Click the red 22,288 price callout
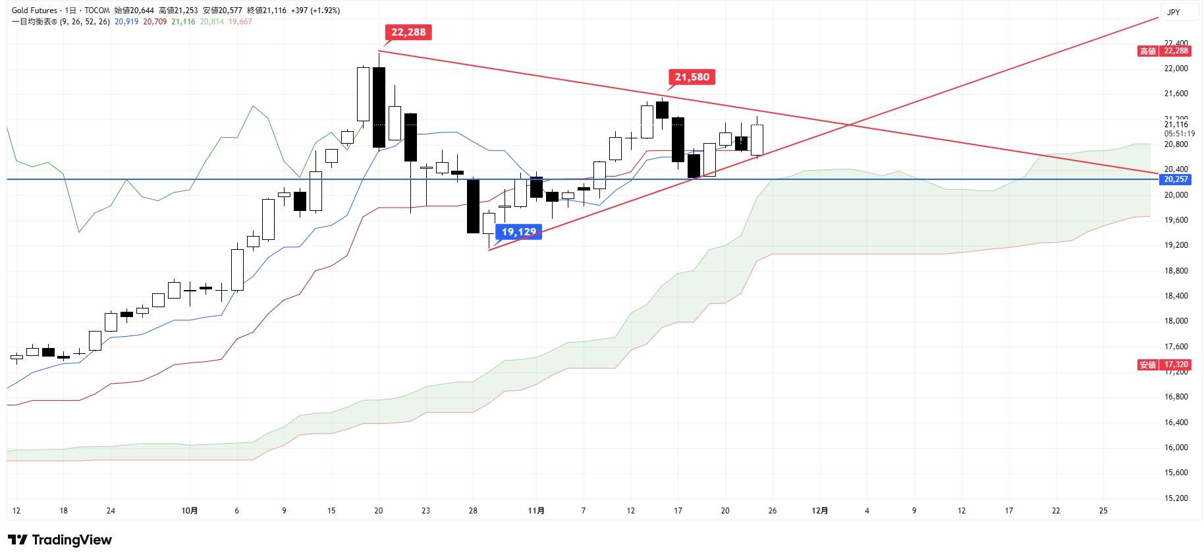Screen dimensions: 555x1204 (x=408, y=32)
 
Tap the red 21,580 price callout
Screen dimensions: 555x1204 (x=692, y=77)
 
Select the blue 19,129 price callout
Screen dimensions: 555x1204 (x=518, y=232)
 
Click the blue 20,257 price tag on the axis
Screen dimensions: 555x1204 (x=1176, y=179)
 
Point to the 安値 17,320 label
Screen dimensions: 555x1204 (x=1164, y=365)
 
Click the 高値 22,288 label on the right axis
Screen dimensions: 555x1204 (x=1164, y=51)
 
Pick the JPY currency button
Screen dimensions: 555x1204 (x=1174, y=12)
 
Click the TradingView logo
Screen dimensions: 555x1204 (x=60, y=540)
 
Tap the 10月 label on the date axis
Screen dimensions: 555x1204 (x=189, y=511)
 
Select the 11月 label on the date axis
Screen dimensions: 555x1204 (x=536, y=511)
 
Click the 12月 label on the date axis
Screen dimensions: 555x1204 (x=819, y=511)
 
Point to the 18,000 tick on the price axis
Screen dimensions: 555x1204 (x=1176, y=321)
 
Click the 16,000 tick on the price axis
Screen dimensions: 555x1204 (x=1176, y=448)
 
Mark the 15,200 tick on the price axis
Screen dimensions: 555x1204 (x=1176, y=498)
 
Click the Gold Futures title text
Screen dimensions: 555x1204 (x=34, y=11)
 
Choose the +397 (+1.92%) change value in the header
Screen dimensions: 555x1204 (x=315, y=11)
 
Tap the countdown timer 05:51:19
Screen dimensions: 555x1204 (x=1179, y=134)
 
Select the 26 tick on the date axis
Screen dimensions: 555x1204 (x=773, y=511)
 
